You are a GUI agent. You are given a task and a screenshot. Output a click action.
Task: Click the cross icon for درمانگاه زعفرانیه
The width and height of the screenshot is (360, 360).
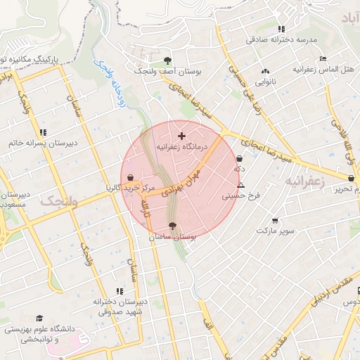pyautogui.click(x=182, y=135)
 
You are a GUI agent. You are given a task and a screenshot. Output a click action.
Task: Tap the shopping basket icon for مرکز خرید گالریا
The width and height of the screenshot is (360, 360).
pyautogui.click(x=131, y=176)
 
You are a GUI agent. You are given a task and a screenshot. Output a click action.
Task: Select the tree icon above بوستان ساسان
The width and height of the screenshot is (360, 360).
pyautogui.click(x=173, y=226)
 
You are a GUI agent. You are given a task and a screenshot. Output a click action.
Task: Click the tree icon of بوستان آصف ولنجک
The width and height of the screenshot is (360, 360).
pyautogui.click(x=167, y=60)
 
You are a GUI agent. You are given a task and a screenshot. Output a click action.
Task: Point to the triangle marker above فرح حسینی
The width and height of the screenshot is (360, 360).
pyautogui.click(x=241, y=185)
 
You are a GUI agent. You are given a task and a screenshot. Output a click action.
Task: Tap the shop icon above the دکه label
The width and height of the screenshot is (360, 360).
pyautogui.click(x=240, y=159)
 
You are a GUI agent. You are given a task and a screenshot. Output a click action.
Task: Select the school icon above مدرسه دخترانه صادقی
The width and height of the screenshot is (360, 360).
pyautogui.click(x=282, y=29)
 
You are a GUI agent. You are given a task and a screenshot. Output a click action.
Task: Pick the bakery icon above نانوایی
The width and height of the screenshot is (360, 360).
pyautogui.click(x=265, y=71)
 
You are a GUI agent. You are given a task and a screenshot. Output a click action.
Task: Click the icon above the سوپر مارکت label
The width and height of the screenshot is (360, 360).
pyautogui.click(x=274, y=220)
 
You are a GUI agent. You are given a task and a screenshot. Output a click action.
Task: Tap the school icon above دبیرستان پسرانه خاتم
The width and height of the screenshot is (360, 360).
pyautogui.click(x=43, y=131)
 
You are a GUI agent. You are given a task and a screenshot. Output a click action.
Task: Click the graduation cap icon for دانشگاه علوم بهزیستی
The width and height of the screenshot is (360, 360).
pyautogui.click(x=39, y=318)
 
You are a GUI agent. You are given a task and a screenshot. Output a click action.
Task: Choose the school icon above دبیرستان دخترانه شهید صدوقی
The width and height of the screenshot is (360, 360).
pyautogui.click(x=120, y=290)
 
